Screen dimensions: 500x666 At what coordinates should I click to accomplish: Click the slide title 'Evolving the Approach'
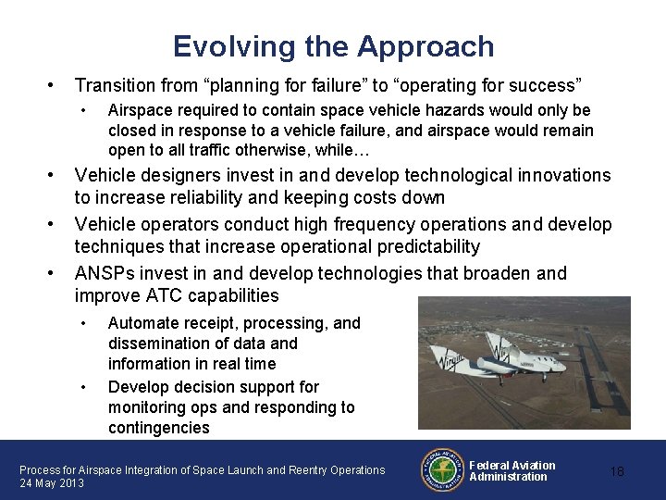pos(333,45)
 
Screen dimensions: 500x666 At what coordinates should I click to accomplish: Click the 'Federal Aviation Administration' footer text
pos(512,470)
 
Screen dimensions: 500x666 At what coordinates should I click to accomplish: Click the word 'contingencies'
pos(158,429)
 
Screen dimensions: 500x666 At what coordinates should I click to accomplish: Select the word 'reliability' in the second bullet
pos(240,198)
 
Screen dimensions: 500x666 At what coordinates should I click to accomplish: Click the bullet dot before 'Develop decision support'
pos(84,386)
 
